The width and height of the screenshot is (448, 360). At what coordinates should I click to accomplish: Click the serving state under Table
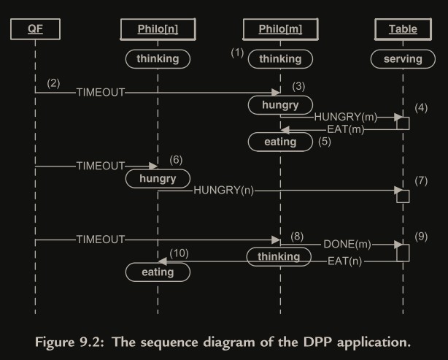tap(403, 58)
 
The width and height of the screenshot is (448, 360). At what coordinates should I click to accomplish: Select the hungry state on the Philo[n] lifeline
tap(158, 177)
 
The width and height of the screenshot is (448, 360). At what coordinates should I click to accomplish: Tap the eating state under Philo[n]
tap(158, 272)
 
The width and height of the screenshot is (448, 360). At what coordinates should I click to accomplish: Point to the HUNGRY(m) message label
tap(345, 117)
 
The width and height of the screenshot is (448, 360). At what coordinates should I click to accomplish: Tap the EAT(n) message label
tap(345, 260)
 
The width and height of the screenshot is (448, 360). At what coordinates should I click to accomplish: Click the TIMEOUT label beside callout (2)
tap(101, 93)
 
